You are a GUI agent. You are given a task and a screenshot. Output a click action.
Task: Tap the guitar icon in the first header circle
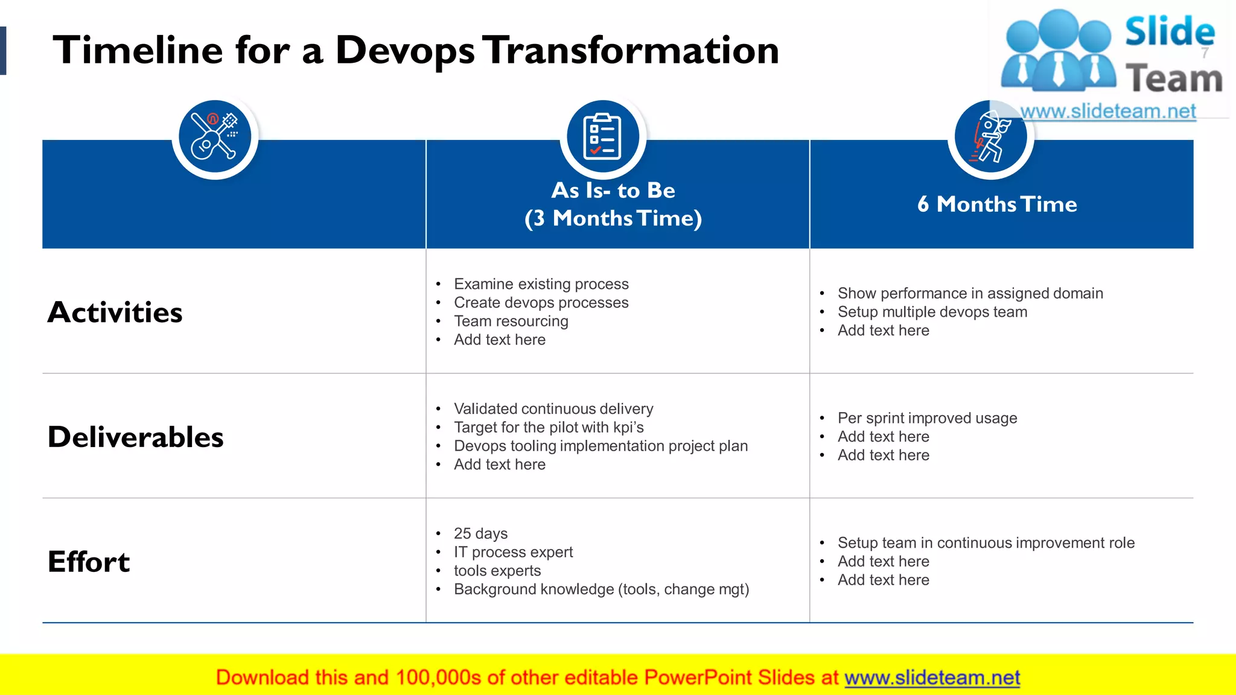[x=215, y=138]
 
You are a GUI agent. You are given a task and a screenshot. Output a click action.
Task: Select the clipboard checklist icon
[x=602, y=137]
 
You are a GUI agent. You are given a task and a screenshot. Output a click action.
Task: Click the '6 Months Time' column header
[x=997, y=205]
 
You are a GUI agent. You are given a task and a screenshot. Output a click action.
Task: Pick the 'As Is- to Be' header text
[x=613, y=191]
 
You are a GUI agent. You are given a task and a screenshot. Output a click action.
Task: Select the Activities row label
[x=115, y=313]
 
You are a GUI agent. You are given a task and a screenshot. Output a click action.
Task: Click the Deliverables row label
[x=135, y=437]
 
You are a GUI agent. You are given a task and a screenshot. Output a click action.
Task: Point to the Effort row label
[x=89, y=562]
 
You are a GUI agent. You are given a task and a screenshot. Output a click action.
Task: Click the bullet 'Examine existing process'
[x=541, y=284]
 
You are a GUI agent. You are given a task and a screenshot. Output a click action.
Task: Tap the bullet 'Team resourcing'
[x=511, y=322]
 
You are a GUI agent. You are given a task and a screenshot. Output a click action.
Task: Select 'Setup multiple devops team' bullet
[x=932, y=312]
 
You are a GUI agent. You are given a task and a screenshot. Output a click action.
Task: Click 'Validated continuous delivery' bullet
[x=553, y=409]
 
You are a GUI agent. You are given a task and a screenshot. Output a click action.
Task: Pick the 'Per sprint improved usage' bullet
[x=927, y=418]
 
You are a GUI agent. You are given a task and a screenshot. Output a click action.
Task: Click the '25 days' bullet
[x=480, y=534]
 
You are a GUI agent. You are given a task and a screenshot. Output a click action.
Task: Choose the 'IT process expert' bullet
[x=513, y=552]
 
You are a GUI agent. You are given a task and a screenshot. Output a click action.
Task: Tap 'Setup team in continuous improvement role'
[x=986, y=543]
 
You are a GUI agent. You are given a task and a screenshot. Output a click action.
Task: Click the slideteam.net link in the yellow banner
[x=932, y=678]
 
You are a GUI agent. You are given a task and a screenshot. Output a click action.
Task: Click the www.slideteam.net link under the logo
[x=1107, y=112]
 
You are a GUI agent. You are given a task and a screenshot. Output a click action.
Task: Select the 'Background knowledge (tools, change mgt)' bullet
[x=601, y=589]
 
